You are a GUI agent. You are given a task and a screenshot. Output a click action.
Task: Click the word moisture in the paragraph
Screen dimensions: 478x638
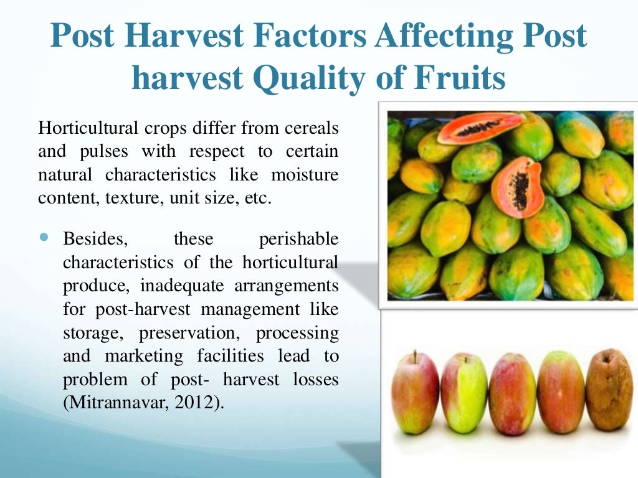pos(309,175)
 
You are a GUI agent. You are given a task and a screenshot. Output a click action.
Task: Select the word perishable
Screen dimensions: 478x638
pos(298,239)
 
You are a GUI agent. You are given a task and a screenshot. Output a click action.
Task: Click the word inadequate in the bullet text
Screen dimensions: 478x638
pos(175,286)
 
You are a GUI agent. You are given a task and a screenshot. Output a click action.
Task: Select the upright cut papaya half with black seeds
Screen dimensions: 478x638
pos(517,187)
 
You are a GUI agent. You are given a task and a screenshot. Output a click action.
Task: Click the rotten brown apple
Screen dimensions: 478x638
pos(609,390)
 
